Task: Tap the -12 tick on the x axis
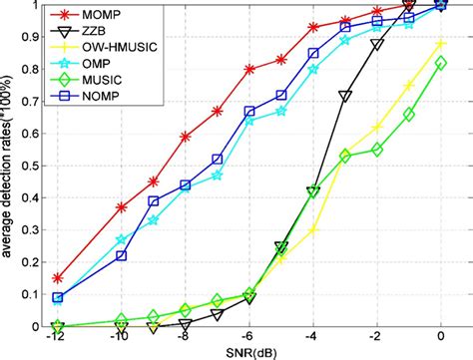[58, 338]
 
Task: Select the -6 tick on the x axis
[249, 338]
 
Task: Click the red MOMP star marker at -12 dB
[58, 278]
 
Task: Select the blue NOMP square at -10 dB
[122, 255]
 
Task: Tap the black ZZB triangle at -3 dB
[345, 96]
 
